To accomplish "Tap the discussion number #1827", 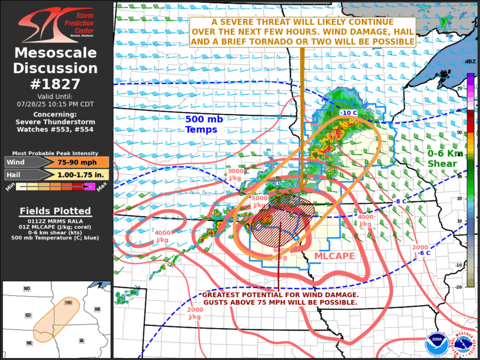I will (x=56, y=84).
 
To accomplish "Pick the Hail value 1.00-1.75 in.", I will (x=74, y=174).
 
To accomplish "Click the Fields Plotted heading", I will (x=55, y=211).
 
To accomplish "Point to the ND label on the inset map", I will (x=27, y=289).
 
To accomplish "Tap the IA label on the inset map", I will (x=81, y=341).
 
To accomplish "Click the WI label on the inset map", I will (x=97, y=309).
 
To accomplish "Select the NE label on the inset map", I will (x=29, y=343).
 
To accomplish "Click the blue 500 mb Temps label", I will (x=204, y=124).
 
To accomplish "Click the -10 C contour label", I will (x=349, y=112).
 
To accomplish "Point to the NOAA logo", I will (x=437, y=344).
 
